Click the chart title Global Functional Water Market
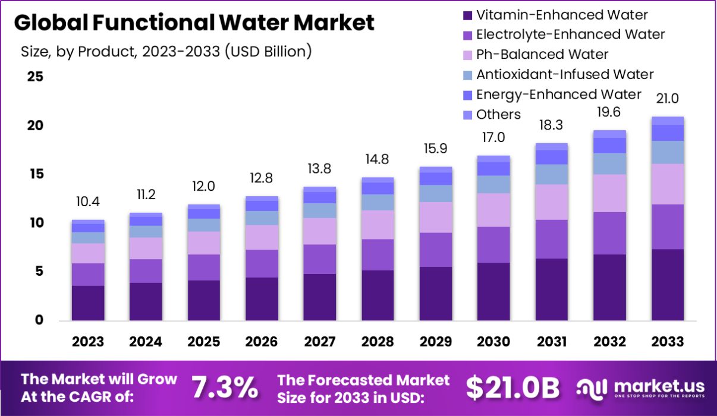[x=194, y=23]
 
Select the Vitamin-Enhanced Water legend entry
[x=562, y=15]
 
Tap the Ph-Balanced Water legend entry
[x=542, y=55]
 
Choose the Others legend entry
[x=498, y=115]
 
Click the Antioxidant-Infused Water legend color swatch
[x=467, y=75]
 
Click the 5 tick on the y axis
[x=38, y=272]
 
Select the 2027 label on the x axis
[x=319, y=342]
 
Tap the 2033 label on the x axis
[x=668, y=342]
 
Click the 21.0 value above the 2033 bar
[x=667, y=99]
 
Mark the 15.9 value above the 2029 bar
[x=436, y=147]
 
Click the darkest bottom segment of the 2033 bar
[x=667, y=285]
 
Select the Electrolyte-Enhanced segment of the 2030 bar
[x=493, y=245]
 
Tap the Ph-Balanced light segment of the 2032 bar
[x=610, y=193]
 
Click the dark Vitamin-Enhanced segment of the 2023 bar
[x=88, y=303]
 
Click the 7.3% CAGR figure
[x=225, y=388]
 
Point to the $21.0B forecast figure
[x=512, y=388]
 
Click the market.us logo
[x=640, y=388]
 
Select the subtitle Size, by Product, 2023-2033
[x=166, y=52]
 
